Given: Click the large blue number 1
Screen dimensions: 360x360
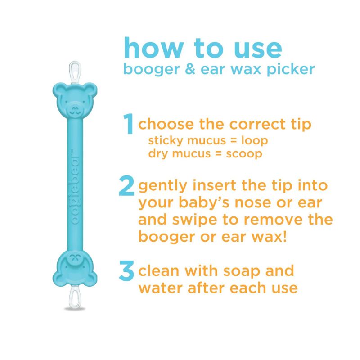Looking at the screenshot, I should (x=129, y=124).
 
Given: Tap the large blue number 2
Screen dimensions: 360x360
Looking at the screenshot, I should (x=127, y=187).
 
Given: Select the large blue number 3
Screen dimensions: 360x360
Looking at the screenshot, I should (x=127, y=271).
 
